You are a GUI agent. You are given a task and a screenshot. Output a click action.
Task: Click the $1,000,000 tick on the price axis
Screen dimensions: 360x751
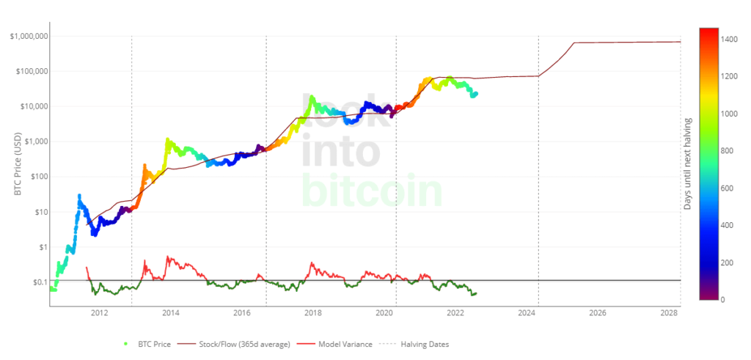pos(29,36)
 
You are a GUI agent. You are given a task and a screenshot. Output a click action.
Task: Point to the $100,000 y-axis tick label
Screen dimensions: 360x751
pos(32,71)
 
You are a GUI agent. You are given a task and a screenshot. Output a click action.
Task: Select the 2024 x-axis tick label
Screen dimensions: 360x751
pos(526,313)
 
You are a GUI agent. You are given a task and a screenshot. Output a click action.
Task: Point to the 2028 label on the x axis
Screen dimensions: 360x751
pos(668,313)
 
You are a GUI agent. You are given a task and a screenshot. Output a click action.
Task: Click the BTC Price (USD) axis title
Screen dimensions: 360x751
pos(18,165)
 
